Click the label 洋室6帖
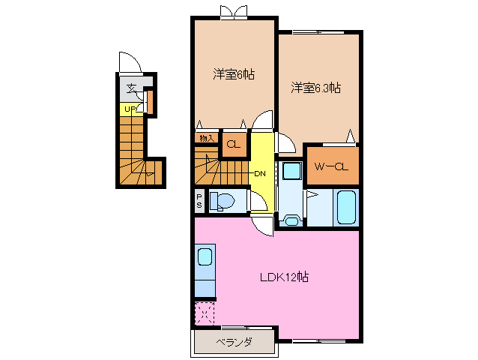click(233, 74)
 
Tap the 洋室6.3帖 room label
click(316, 88)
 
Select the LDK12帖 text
click(285, 277)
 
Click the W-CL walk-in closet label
click(331, 166)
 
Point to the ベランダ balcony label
click(234, 343)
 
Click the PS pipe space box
click(199, 200)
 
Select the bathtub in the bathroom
click(347, 208)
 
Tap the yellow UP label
click(130, 109)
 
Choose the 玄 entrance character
click(132, 88)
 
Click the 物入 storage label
click(206, 138)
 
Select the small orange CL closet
click(233, 144)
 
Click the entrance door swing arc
click(127, 62)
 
